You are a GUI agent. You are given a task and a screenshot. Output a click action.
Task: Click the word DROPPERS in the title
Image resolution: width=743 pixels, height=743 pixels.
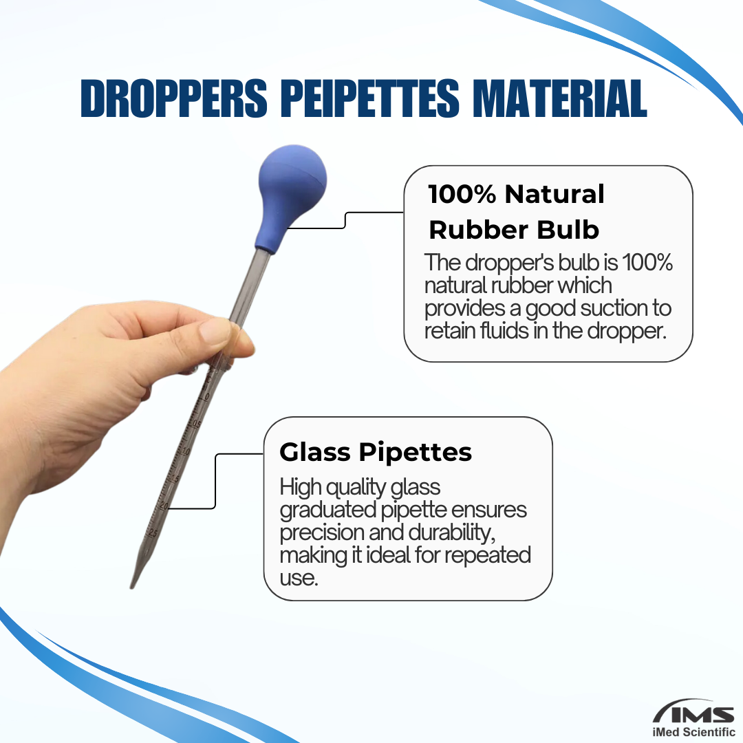(174, 98)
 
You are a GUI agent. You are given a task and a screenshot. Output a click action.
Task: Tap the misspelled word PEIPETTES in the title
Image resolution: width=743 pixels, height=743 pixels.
(370, 98)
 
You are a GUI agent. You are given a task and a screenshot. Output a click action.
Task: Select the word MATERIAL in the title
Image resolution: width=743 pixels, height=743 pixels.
(560, 98)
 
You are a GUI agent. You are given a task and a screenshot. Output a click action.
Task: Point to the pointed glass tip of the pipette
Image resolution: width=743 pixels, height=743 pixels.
(131, 587)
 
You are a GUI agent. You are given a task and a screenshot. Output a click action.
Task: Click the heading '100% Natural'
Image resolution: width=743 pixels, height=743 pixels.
(517, 194)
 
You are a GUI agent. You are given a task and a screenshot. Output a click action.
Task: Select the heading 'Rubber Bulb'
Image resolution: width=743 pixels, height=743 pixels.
(514, 230)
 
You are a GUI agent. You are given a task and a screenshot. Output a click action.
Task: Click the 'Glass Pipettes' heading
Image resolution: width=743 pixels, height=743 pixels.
(376, 452)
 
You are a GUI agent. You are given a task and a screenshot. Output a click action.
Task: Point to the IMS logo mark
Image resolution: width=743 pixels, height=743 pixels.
(693, 713)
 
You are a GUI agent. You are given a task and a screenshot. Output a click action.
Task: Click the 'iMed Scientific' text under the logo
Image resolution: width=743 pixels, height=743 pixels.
(693, 733)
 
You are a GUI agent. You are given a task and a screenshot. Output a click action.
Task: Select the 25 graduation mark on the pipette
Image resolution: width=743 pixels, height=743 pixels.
(153, 533)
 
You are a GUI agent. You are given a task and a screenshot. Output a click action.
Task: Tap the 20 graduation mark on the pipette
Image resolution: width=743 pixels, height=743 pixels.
(164, 506)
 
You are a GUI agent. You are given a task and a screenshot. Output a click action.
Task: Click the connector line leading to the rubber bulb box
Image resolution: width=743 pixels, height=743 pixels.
(345, 220)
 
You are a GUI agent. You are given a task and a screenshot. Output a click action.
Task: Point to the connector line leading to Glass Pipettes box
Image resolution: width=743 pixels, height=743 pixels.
(215, 481)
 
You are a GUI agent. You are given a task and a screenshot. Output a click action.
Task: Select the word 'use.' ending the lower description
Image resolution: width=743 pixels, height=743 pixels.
(299, 578)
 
